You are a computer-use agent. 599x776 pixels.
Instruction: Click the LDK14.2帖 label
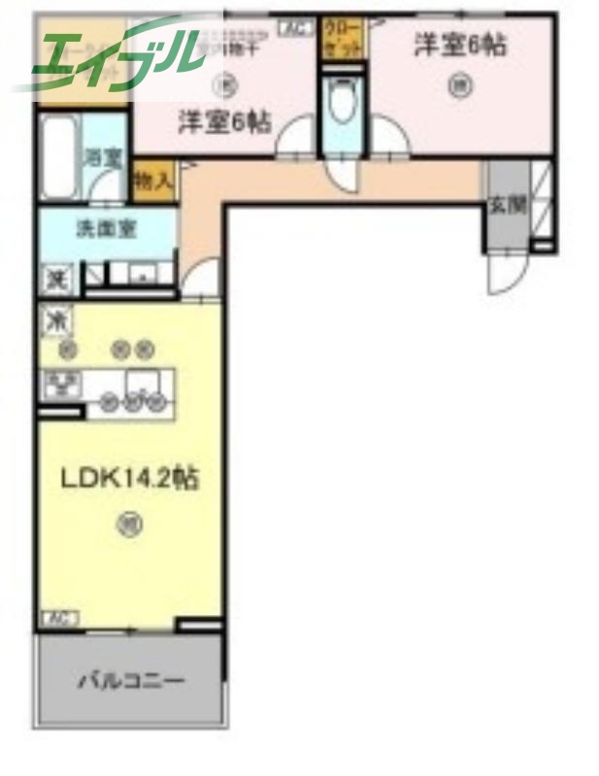tap(131, 479)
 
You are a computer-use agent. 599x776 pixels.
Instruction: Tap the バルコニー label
tap(130, 680)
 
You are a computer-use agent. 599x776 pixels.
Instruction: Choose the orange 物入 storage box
tap(152, 180)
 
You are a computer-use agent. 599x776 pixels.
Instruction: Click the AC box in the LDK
tap(59, 617)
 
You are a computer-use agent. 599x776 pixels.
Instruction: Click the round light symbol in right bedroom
tap(457, 85)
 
